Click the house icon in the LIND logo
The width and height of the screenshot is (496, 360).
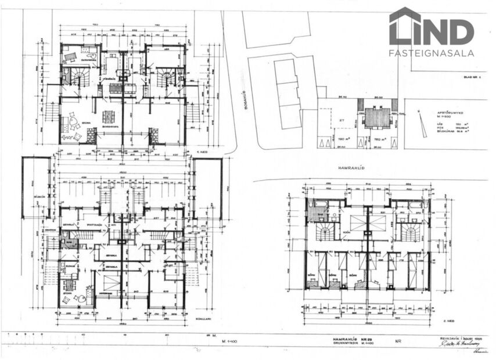405,26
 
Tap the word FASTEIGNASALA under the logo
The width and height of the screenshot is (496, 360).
431,53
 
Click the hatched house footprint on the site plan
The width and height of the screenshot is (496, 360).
377,118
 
